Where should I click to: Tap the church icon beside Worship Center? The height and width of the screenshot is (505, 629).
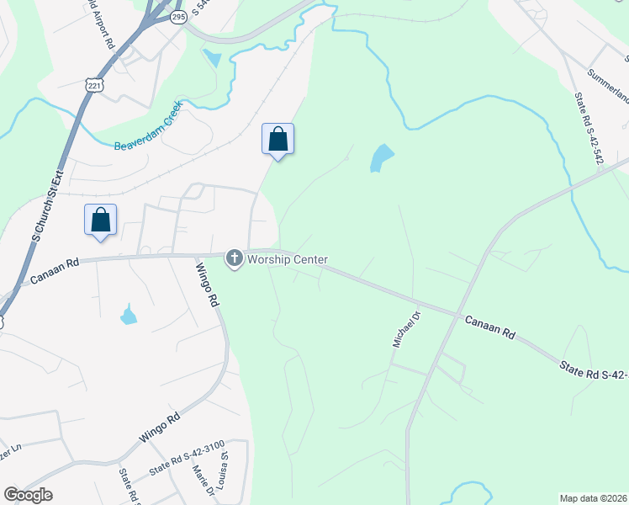(234, 258)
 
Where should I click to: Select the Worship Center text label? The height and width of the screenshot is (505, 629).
(287, 260)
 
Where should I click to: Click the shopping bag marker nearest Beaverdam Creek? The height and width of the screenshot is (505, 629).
(278, 140)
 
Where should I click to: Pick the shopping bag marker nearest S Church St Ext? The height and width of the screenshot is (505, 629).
(100, 221)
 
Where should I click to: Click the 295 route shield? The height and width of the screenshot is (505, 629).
(177, 16)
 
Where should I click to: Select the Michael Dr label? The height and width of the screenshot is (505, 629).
(405, 328)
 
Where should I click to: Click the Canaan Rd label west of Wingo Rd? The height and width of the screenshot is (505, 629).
(54, 270)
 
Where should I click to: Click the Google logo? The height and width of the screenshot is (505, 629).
(28, 495)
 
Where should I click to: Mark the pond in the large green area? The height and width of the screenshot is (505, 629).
(381, 157)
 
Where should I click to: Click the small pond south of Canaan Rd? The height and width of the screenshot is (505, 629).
(129, 316)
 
